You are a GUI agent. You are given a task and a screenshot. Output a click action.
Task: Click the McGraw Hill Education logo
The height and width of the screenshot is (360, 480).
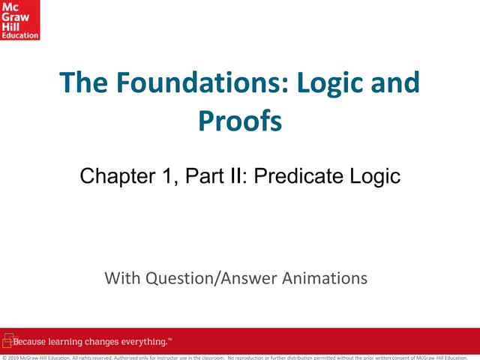click(20, 20)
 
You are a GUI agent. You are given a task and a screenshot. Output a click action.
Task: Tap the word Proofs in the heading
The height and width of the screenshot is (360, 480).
click(240, 120)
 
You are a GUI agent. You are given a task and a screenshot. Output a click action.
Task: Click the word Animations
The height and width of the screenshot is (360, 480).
click(325, 279)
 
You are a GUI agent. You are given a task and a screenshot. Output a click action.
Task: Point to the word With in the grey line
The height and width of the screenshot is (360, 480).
click(121, 279)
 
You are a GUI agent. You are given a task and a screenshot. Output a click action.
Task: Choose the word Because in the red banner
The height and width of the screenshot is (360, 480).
click(31, 343)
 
